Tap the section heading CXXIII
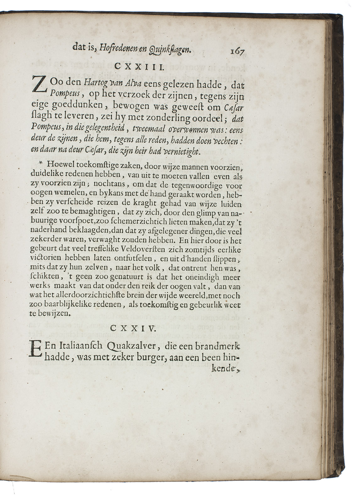pyautogui.click(x=138, y=66)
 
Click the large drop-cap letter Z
pyautogui.click(x=39, y=85)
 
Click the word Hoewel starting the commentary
pyautogui.click(x=57, y=163)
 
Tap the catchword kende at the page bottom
pyautogui.click(x=230, y=369)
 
